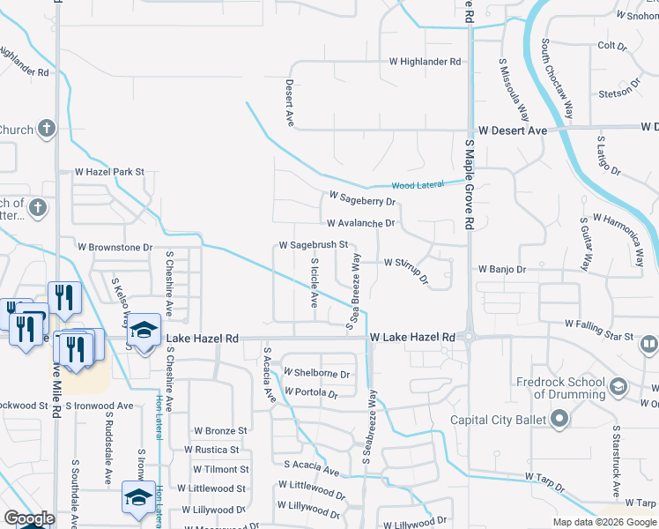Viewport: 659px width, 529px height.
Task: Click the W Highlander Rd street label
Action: (x=426, y=62)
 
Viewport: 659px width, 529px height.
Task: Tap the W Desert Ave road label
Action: (x=511, y=130)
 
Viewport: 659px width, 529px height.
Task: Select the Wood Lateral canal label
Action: (x=416, y=186)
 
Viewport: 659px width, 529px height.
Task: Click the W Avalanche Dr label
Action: (x=360, y=224)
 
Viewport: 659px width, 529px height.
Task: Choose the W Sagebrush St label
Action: (x=315, y=244)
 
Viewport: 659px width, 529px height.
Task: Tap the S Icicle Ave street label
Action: (x=315, y=283)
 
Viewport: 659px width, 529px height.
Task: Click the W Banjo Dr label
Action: (x=501, y=268)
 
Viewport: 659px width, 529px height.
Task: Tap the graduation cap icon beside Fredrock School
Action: (x=618, y=385)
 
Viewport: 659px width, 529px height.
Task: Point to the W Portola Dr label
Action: (x=311, y=393)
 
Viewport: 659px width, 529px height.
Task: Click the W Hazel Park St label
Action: (x=109, y=172)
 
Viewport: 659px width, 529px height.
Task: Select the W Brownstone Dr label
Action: (x=115, y=248)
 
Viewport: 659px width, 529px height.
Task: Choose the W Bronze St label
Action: (x=220, y=431)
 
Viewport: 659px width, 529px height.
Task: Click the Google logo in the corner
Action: (x=29, y=518)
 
